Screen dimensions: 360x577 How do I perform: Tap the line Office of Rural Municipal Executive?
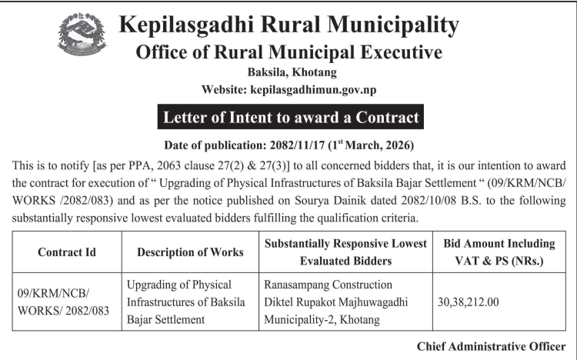(288, 52)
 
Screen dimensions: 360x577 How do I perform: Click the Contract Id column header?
(65, 252)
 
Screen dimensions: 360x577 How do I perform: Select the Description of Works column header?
(190, 252)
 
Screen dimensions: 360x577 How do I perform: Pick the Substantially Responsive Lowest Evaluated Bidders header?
(345, 252)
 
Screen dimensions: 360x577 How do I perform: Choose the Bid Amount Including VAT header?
(499, 252)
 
